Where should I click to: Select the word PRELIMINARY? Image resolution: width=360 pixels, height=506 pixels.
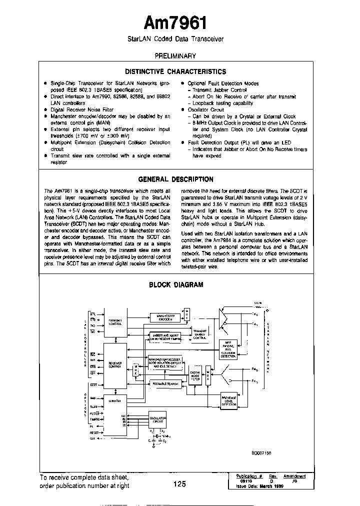pos(175,56)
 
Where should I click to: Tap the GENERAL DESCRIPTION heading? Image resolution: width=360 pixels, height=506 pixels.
pos(175,179)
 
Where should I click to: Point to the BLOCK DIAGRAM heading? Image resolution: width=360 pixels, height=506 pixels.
pos(176,285)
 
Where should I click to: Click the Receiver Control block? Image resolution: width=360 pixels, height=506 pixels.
pos(115,365)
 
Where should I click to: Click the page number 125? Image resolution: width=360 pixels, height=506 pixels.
pos(180,483)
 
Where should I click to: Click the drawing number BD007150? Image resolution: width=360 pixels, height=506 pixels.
pos(261,452)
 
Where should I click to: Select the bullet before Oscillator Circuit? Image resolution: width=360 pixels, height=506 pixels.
pos(183,109)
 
